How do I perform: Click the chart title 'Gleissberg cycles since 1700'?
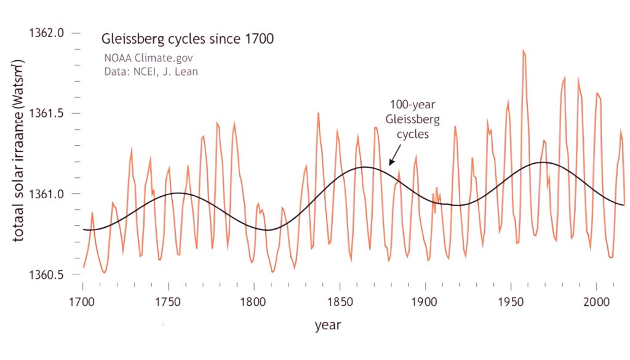click(x=188, y=38)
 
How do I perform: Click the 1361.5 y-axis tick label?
click(x=47, y=113)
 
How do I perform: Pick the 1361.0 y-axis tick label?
click(x=47, y=194)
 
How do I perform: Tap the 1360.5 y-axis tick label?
click(x=47, y=274)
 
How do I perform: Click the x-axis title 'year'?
click(x=328, y=324)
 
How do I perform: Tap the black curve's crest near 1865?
click(x=364, y=167)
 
